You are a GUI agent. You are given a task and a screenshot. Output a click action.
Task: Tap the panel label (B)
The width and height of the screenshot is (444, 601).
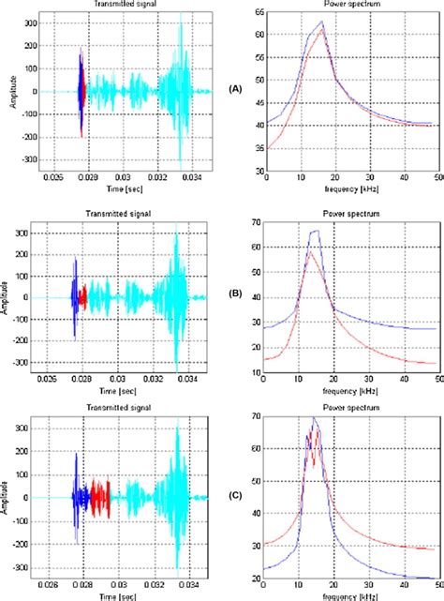pos(236,293)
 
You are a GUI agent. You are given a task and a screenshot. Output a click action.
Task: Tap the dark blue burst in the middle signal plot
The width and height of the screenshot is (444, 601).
pos(74,295)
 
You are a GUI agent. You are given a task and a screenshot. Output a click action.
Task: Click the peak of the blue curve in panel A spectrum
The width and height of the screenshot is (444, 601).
pos(321,22)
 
